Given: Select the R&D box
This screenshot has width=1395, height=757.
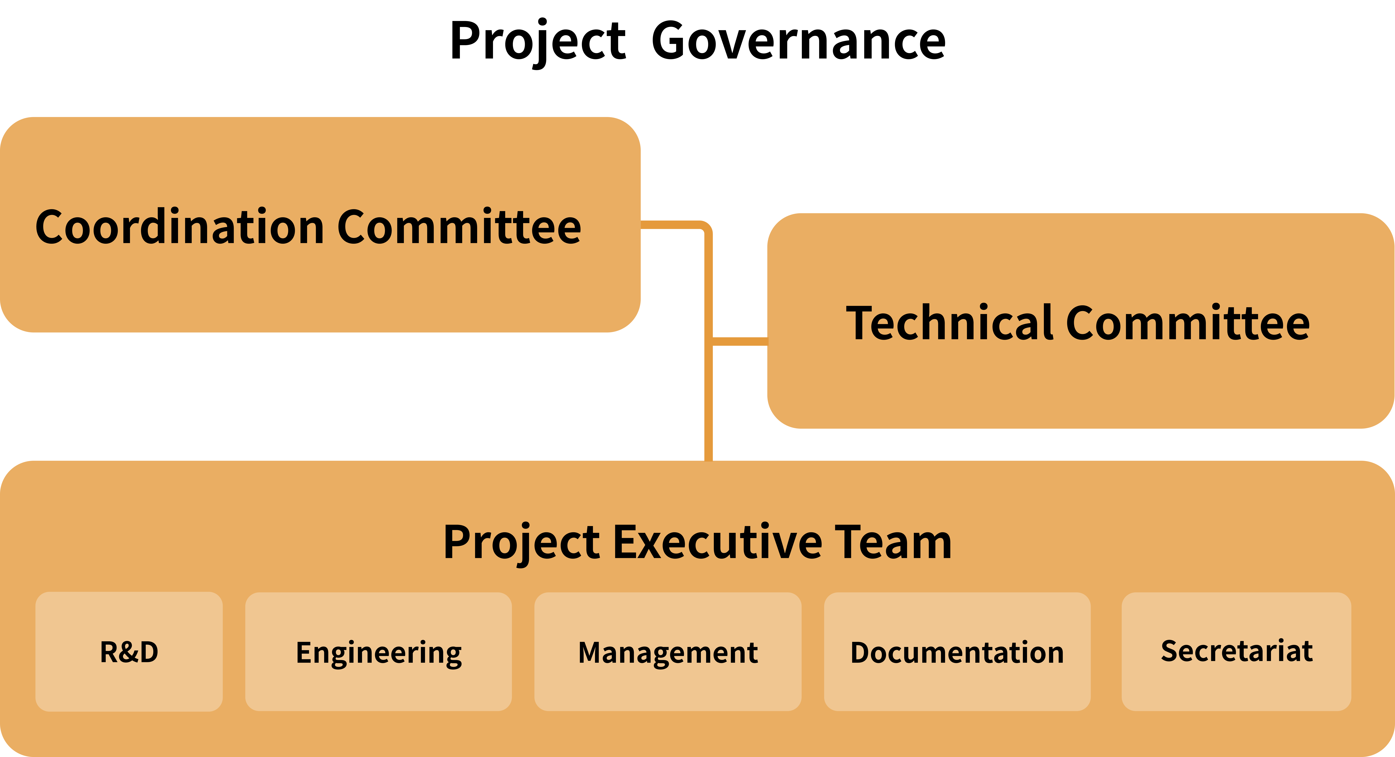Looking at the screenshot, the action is [x=129, y=651].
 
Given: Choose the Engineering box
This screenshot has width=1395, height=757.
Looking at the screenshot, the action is [x=379, y=651].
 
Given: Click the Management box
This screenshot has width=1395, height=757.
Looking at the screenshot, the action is [x=668, y=651].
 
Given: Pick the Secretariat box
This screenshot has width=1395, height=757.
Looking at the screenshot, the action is [x=1236, y=651].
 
